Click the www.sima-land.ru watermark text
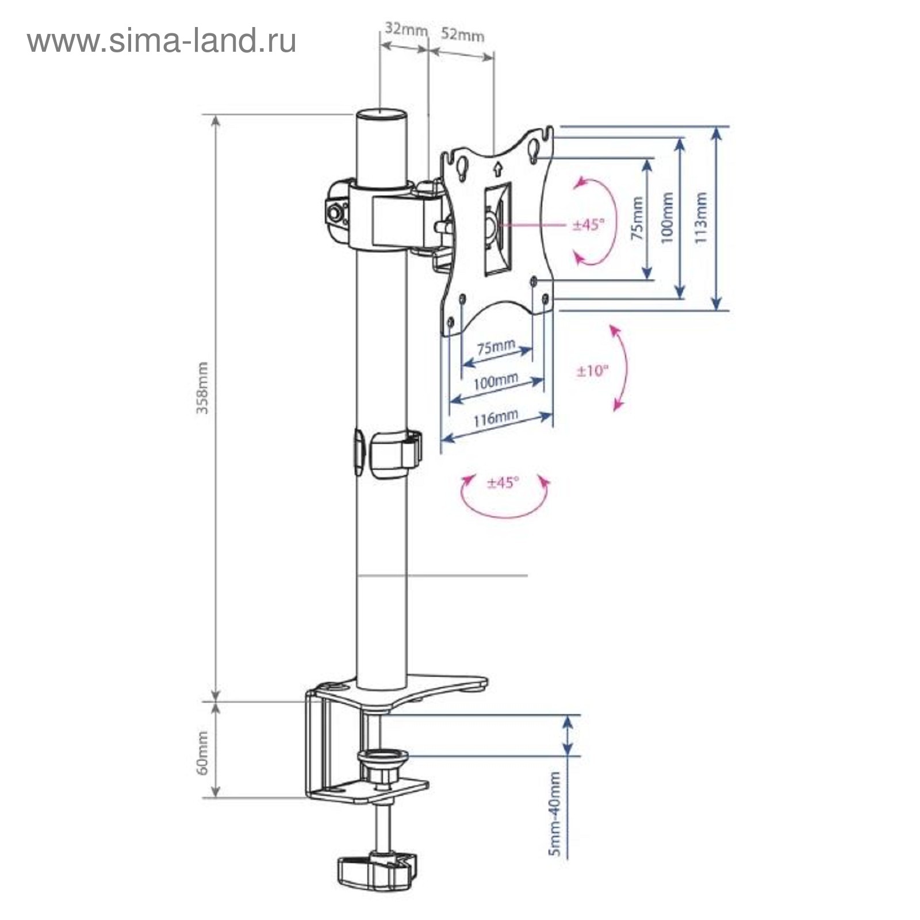pos(162,41)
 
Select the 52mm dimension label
pos(462,34)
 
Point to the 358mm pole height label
pos(202,388)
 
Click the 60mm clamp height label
pos(202,753)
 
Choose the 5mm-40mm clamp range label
pos(554,814)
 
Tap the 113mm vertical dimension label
pos(701,218)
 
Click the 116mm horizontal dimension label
pos(496,417)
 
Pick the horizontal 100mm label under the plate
pos(496,381)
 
